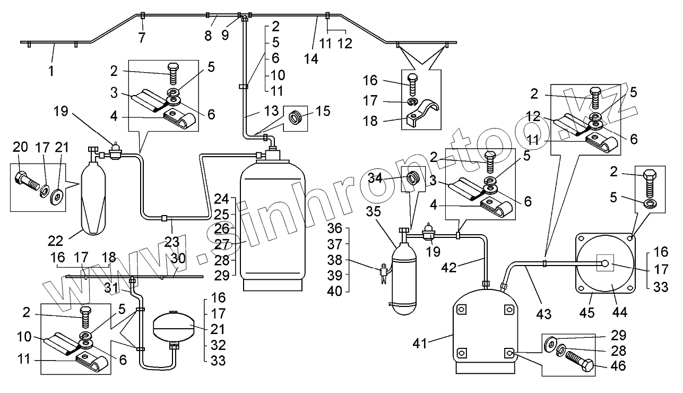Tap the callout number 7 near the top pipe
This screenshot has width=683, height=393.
pos(141,37)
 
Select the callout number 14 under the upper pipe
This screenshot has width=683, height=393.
pos(312,59)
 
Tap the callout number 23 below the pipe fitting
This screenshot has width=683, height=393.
pos(171,242)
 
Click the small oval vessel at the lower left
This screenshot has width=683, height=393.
pos(172,328)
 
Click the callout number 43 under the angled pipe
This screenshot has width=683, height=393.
pos(543,314)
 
